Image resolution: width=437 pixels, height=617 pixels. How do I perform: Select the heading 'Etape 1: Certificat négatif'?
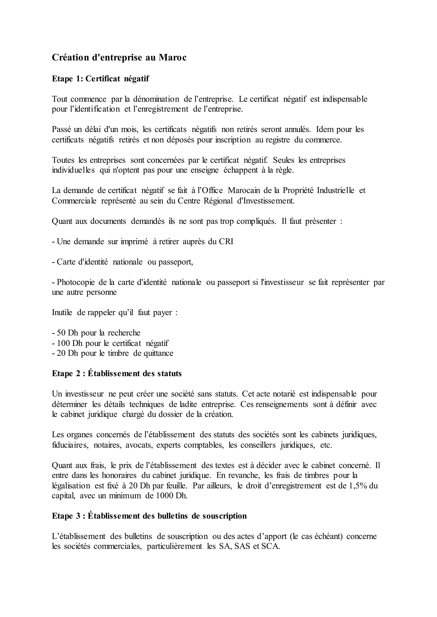[100, 79]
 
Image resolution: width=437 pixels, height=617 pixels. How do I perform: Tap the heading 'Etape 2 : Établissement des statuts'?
[117, 373]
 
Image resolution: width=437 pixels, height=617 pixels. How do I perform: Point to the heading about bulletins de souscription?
[149, 516]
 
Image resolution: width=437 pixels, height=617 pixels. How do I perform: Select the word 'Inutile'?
[62, 313]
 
